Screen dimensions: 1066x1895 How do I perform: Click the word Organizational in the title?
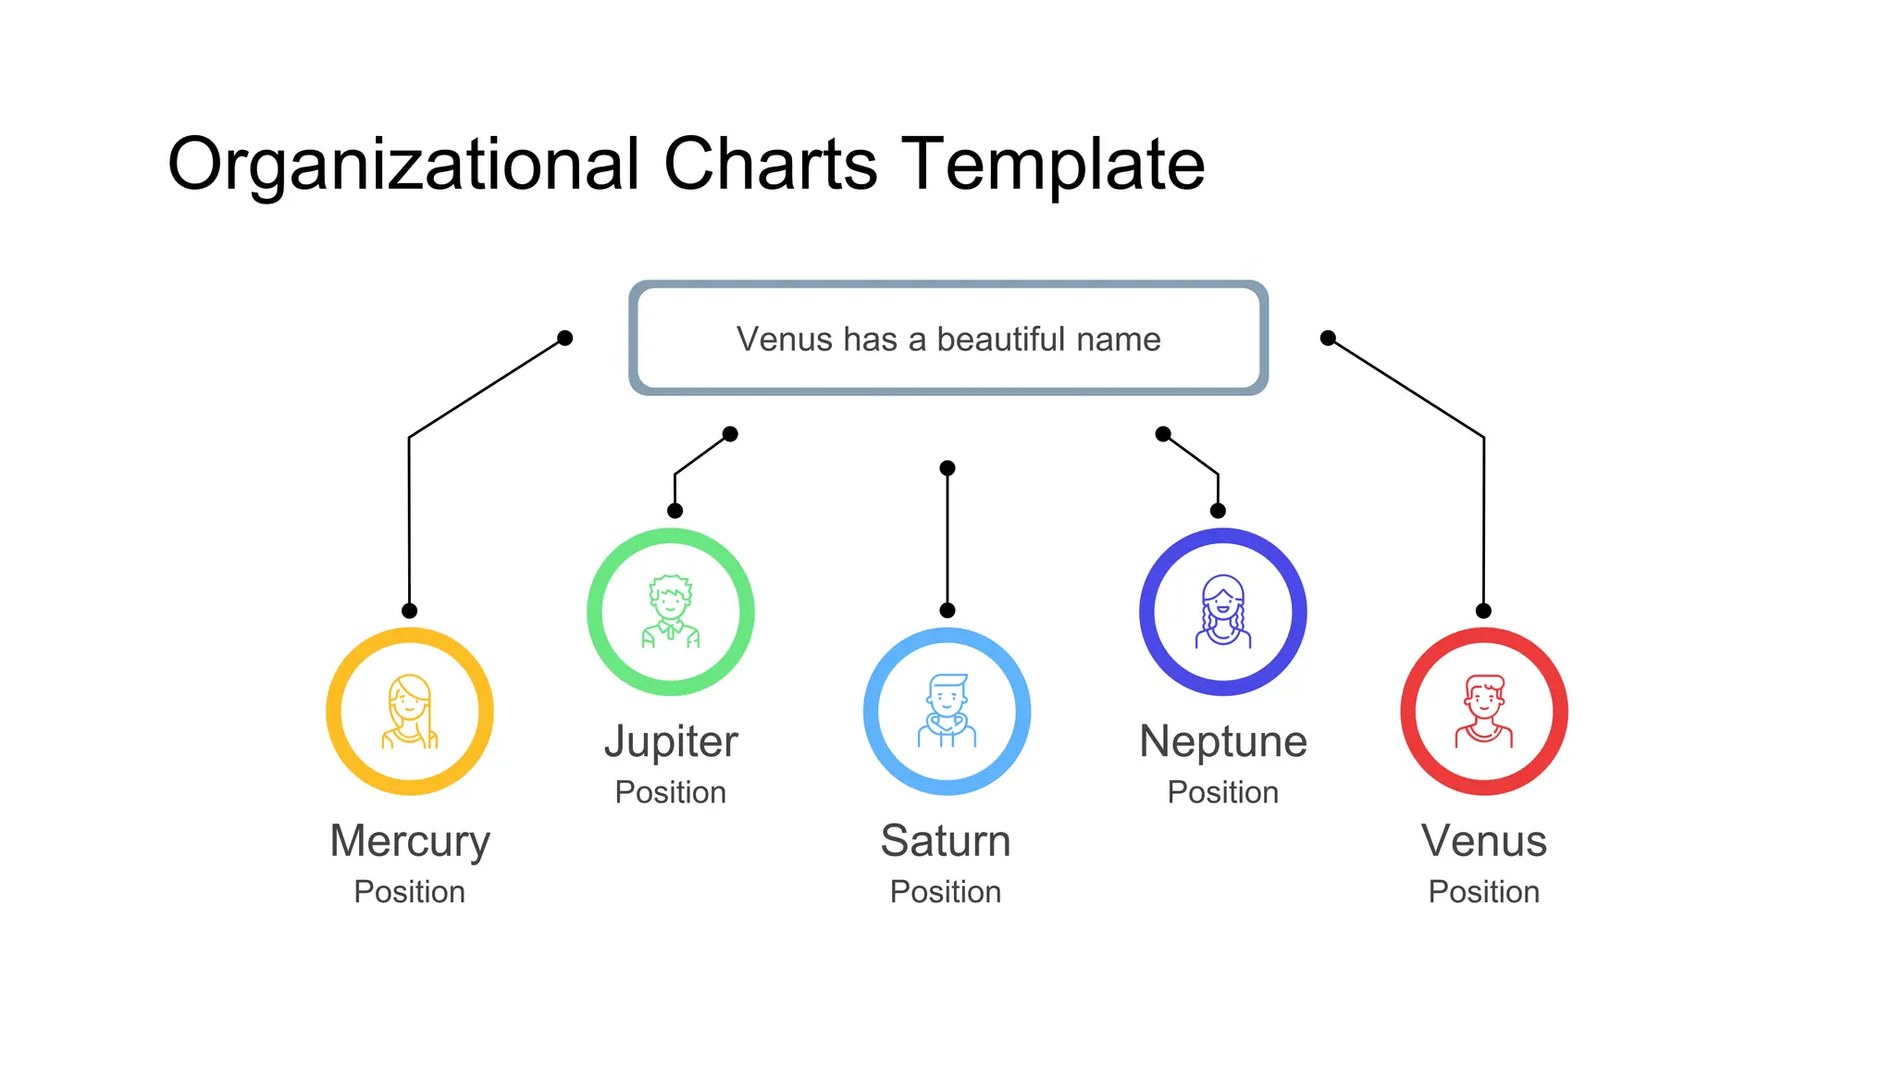403,165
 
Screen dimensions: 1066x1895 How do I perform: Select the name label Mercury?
410,841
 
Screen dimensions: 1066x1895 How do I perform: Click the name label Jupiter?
671,742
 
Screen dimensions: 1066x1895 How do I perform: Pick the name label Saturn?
946,841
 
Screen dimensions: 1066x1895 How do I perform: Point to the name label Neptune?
1223,742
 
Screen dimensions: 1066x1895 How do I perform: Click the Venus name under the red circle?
1484,841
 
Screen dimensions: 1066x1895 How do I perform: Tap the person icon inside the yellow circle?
410,711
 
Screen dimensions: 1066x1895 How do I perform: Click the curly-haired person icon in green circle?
671,612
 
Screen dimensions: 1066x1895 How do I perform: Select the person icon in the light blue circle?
947,711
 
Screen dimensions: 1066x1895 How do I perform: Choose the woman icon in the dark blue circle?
1223,612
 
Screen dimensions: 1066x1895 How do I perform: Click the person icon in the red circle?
1484,711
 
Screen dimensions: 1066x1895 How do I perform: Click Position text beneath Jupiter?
671,792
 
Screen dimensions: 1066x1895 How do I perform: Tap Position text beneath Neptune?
1223,792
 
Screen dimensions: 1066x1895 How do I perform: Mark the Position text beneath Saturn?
946,891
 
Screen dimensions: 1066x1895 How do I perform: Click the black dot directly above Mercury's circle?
409,611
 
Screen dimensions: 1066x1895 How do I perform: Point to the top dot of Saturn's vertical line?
947,468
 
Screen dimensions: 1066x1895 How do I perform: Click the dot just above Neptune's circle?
1218,511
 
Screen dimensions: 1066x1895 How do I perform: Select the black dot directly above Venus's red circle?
1483,611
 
